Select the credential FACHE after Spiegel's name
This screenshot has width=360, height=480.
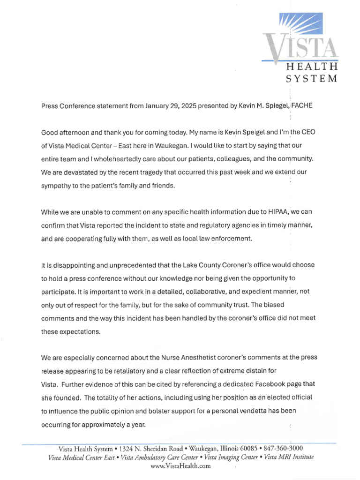[x=302, y=106]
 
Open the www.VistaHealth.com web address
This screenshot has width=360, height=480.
[x=180, y=466]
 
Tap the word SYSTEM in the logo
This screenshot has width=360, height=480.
[x=312, y=78]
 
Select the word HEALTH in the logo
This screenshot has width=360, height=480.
[x=312, y=67]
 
